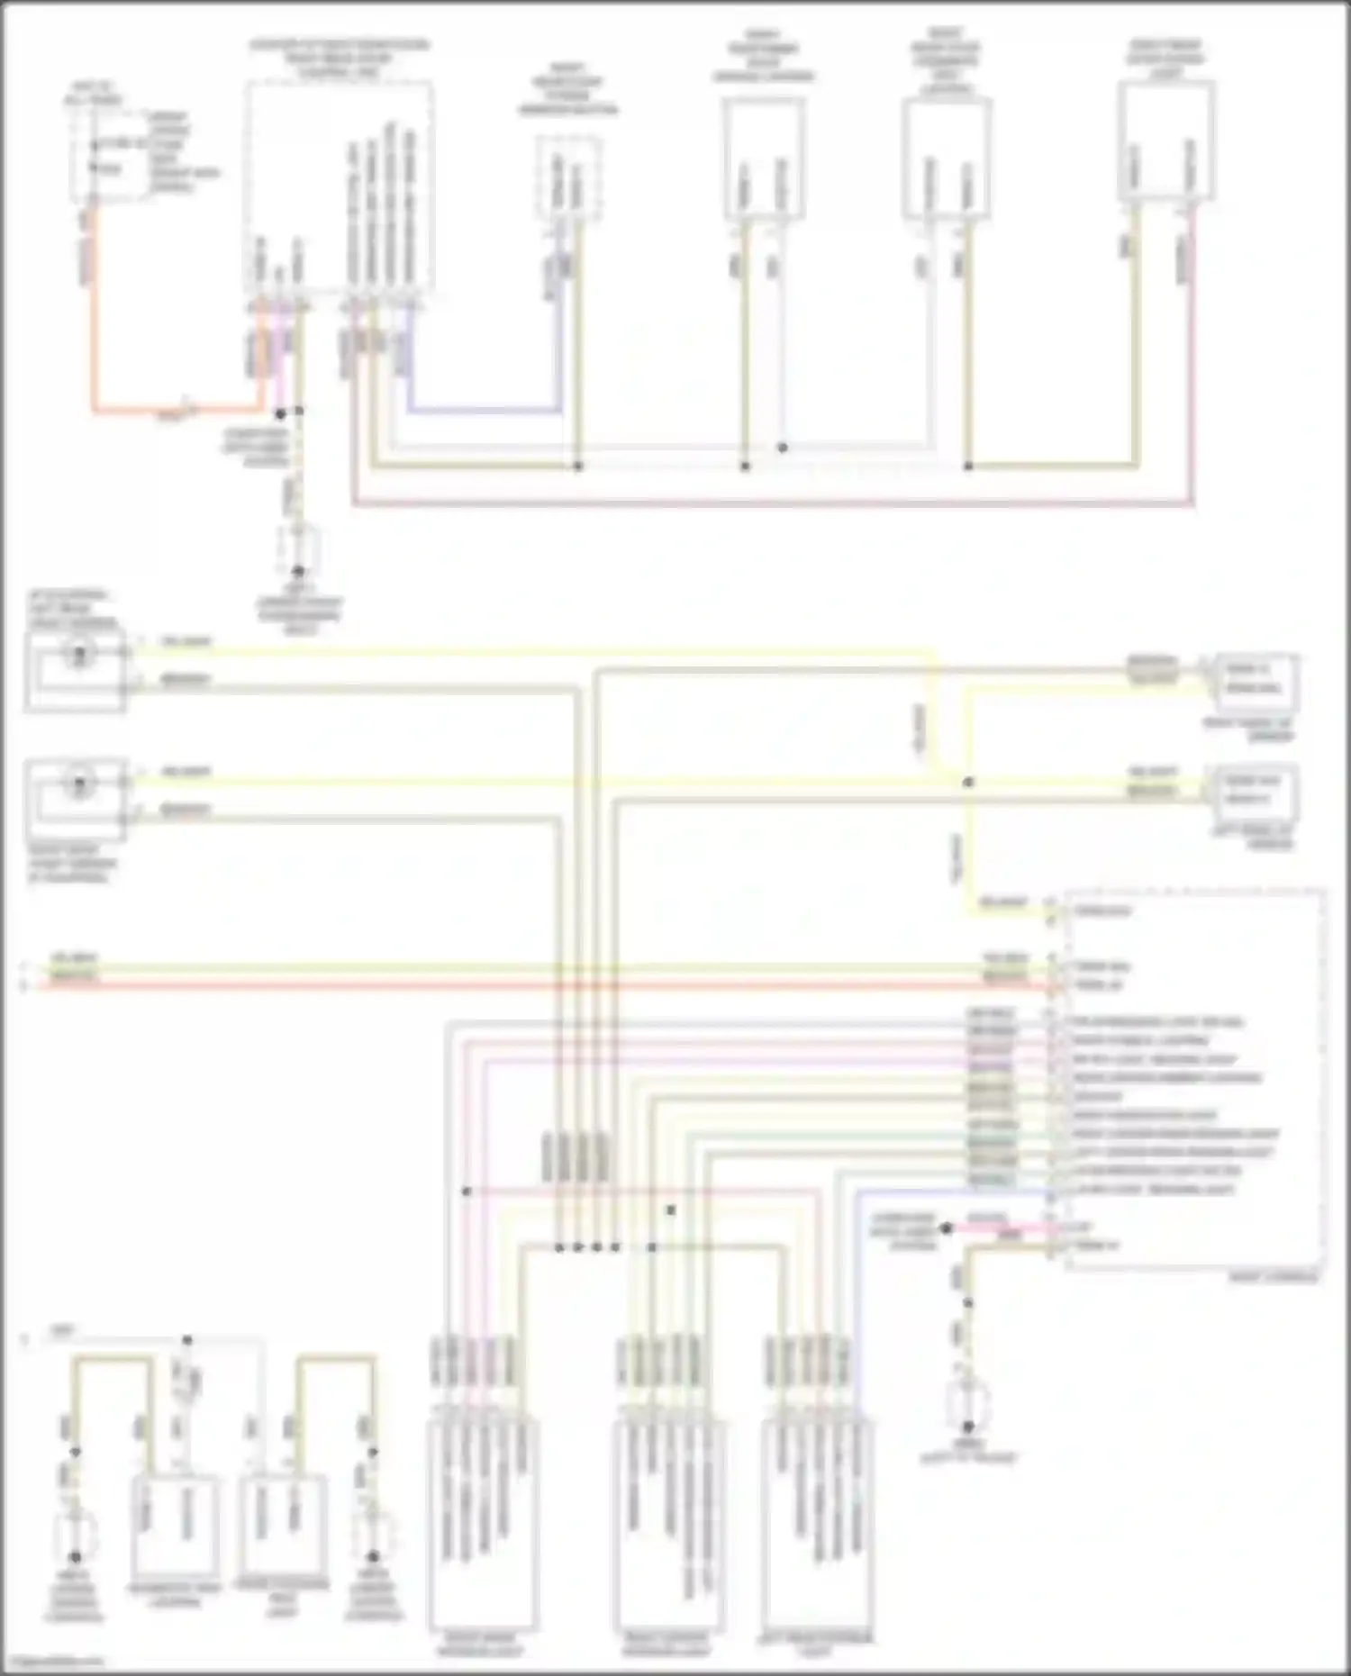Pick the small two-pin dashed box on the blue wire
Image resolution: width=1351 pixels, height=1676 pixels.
click(569, 177)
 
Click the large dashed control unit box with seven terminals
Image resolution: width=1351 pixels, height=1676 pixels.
click(340, 186)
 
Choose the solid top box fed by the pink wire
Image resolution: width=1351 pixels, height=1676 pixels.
click(1166, 141)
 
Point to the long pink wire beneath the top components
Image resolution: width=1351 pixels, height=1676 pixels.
click(775, 504)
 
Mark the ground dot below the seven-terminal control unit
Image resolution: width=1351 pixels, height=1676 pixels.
click(298, 571)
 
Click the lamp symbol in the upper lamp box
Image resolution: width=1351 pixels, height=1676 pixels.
click(78, 654)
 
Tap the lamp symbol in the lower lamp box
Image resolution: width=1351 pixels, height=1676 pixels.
click(78, 784)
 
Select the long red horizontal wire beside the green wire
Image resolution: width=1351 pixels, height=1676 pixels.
click(540, 986)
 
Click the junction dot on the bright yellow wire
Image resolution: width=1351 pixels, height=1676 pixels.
click(968, 782)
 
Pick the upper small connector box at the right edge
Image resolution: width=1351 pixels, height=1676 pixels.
click(1257, 680)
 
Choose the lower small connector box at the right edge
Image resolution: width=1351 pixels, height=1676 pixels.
click(1257, 790)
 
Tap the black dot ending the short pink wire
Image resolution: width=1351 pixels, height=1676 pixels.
click(947, 1228)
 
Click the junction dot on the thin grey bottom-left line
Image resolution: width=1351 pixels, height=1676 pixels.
click(187, 1340)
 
